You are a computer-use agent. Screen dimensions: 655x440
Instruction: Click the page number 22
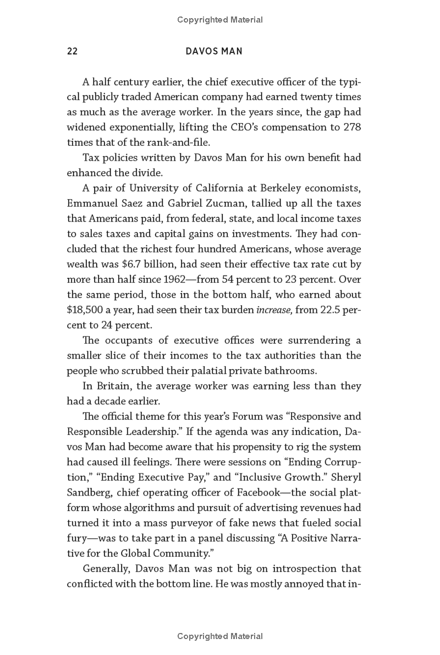(72, 51)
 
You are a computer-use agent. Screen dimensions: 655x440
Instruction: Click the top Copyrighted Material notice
(220, 20)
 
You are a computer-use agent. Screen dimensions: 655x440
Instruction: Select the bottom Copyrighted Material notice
(220, 636)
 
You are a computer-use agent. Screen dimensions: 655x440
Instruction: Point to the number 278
(351, 128)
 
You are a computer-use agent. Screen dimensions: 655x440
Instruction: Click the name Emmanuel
(94, 188)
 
